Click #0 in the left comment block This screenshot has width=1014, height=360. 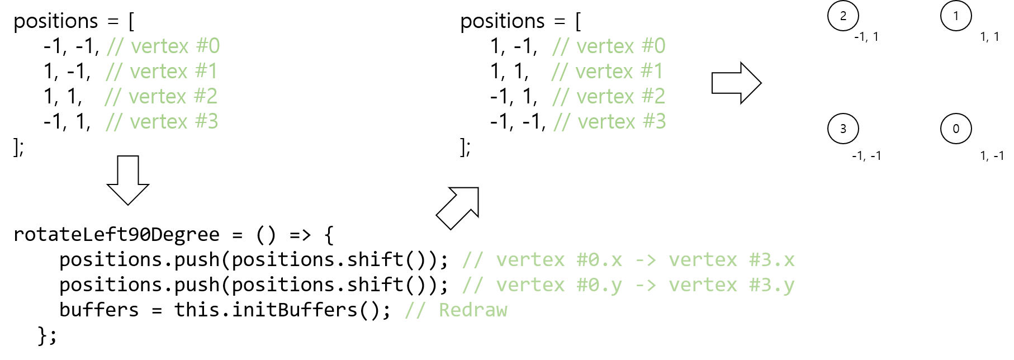point(208,46)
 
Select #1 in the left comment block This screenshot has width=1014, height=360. point(206,72)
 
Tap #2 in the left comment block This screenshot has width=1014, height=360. point(205,97)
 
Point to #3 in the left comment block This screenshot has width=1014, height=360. point(206,122)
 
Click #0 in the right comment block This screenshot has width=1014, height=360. point(653,46)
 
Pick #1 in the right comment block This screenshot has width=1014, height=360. point(651,72)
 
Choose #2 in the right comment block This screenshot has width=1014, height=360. point(653,97)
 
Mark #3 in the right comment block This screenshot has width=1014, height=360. point(655,122)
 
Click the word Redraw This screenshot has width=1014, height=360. point(473,310)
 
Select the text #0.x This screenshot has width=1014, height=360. point(599,260)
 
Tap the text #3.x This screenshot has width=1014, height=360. point(772,260)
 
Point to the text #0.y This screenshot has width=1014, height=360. point(599,285)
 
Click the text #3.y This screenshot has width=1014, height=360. point(772,285)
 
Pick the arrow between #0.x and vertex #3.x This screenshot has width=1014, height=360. point(646,260)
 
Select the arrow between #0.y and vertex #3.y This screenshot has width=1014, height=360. point(646,285)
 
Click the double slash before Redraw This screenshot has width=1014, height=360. point(415,310)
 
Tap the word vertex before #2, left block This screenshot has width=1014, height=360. point(157,97)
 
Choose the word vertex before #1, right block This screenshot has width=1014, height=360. point(604,72)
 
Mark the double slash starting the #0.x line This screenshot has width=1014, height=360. point(472,260)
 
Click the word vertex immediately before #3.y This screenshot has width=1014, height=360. point(703,285)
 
